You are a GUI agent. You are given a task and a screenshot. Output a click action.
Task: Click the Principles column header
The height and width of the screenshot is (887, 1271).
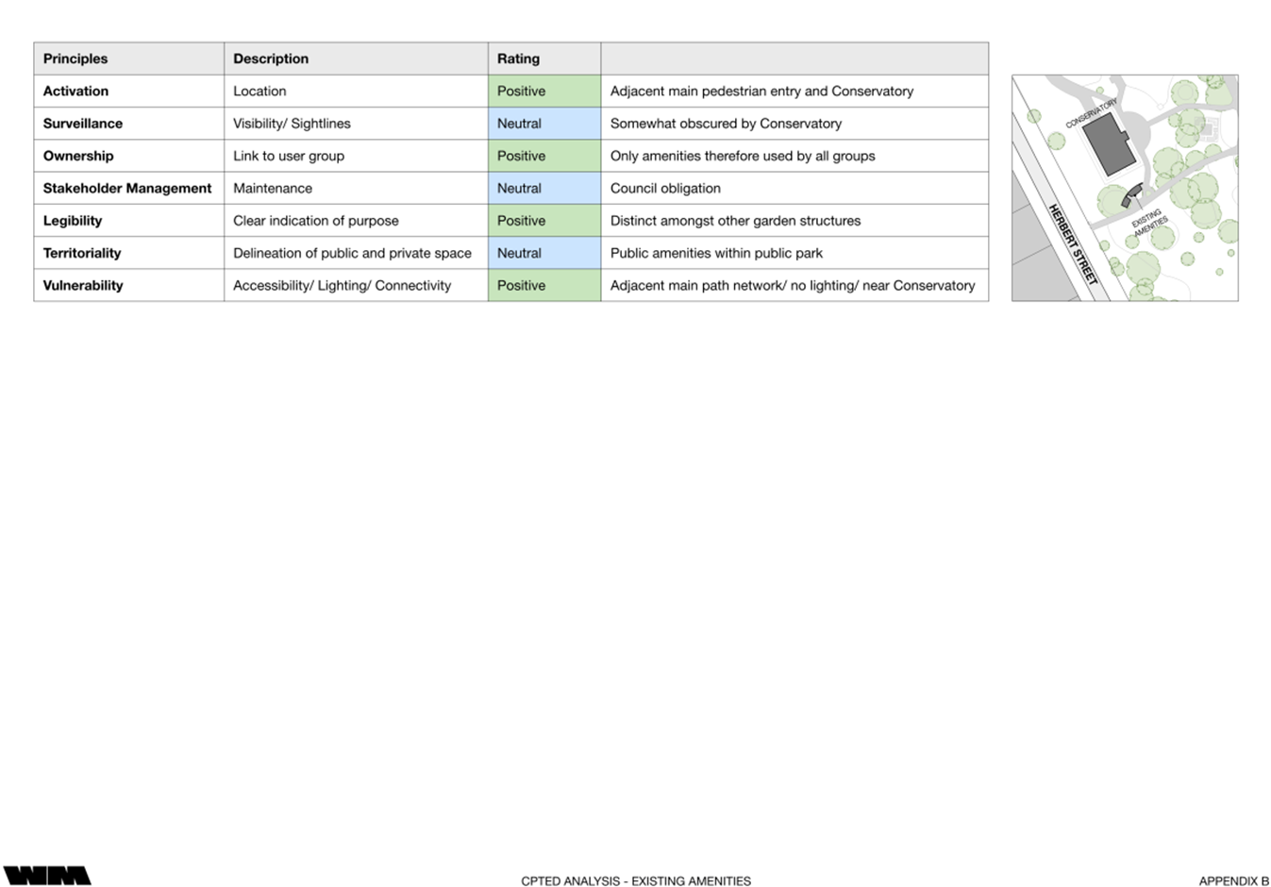(x=75, y=59)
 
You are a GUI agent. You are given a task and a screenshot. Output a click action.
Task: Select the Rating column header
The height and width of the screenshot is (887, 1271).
(x=518, y=59)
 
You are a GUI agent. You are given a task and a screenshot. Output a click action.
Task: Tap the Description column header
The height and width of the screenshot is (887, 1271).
(x=271, y=59)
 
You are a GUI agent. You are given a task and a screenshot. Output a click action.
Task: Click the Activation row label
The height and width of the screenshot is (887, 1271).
(x=75, y=92)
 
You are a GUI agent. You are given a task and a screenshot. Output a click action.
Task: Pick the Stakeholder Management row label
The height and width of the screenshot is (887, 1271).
(x=127, y=189)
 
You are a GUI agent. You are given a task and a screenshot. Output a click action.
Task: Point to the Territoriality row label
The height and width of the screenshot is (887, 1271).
(x=82, y=253)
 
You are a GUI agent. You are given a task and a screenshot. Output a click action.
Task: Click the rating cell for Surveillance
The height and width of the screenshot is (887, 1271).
(x=544, y=124)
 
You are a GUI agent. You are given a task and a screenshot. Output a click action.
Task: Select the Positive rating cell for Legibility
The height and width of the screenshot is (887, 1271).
(x=544, y=221)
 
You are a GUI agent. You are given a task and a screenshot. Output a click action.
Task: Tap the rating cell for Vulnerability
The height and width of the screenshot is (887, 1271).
(x=544, y=285)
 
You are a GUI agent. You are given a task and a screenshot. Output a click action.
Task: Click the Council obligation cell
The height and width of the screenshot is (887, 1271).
(x=665, y=189)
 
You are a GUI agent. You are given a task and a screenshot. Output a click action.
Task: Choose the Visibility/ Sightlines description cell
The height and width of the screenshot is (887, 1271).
(x=292, y=124)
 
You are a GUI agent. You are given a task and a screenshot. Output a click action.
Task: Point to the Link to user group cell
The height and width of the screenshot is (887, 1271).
(x=289, y=156)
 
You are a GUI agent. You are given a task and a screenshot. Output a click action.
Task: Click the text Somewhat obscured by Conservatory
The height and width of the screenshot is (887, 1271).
(x=726, y=124)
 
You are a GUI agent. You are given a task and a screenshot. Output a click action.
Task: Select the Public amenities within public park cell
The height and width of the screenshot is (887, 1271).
(x=716, y=253)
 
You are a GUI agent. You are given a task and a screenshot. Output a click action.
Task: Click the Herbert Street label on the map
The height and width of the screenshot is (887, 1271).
(x=1074, y=243)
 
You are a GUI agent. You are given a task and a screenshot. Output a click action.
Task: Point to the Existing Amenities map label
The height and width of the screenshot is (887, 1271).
(x=1149, y=222)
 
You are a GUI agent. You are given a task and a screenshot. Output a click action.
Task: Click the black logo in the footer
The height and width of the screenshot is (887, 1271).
(x=47, y=876)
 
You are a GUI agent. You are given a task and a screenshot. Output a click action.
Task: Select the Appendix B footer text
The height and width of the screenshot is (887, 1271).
(x=1233, y=881)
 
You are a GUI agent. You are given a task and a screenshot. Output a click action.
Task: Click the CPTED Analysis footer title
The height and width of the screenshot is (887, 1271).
(x=636, y=881)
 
